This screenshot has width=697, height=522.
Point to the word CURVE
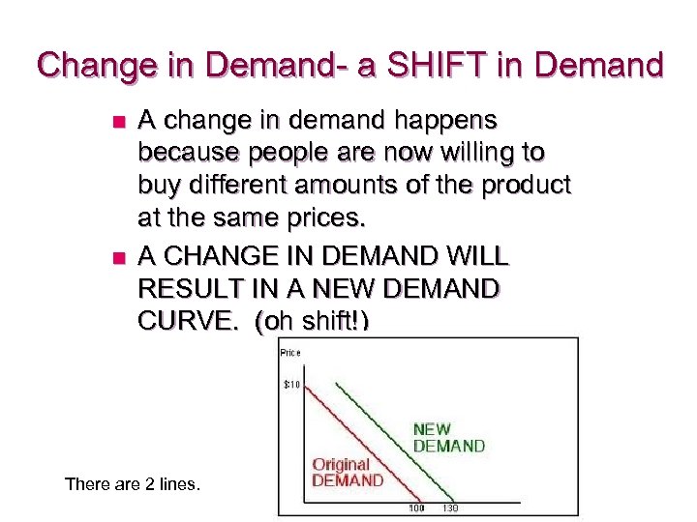click(x=190, y=322)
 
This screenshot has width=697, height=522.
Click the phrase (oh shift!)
click(x=313, y=322)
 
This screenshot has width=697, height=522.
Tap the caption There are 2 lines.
click(x=133, y=483)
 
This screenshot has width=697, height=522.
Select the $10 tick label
click(x=292, y=385)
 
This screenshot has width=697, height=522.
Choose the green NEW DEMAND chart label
click(x=448, y=437)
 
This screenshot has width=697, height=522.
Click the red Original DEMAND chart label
click(x=347, y=473)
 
